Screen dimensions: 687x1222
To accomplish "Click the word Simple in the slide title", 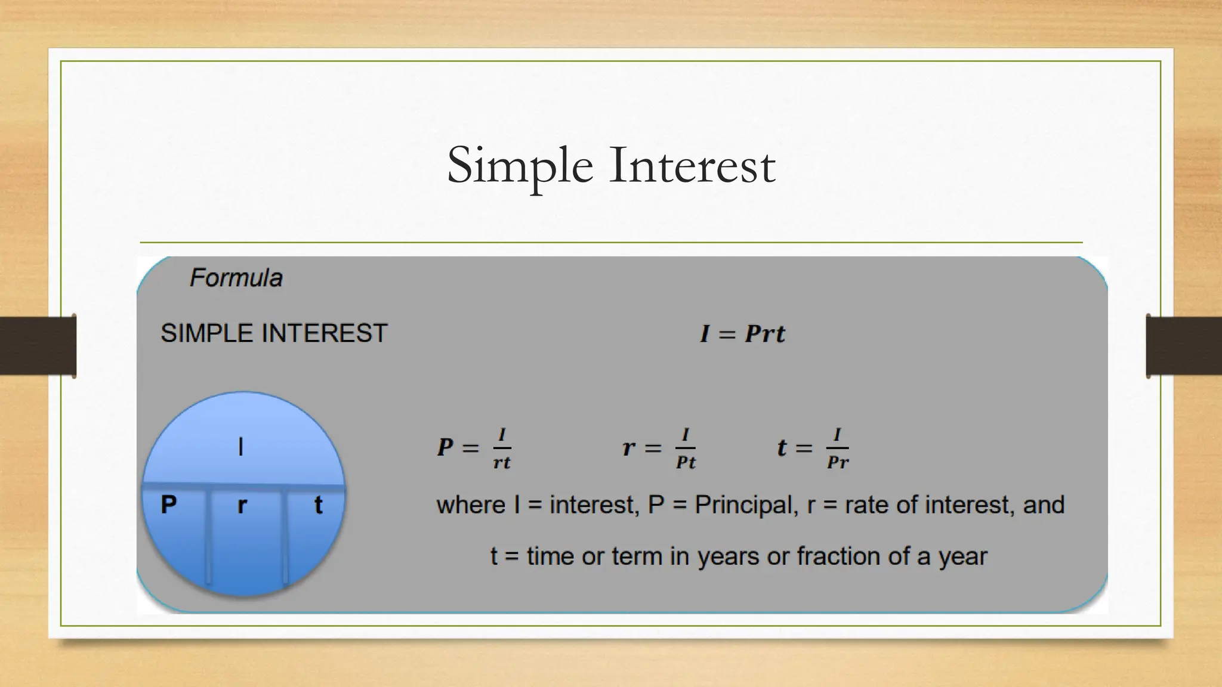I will (x=519, y=166).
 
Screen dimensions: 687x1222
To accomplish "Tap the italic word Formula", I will (x=236, y=278).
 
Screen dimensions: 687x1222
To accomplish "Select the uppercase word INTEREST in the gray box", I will (x=325, y=333).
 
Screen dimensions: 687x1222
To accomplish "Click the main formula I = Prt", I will (x=742, y=333).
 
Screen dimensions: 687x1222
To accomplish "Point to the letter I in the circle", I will (x=240, y=447).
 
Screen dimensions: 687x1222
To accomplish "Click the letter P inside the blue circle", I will (x=169, y=505).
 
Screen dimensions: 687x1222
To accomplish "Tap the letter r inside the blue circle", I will (x=242, y=506).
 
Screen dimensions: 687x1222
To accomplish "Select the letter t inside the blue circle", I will (x=318, y=505).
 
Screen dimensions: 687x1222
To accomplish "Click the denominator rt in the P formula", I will (x=502, y=463).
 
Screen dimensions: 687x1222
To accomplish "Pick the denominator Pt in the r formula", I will (x=686, y=463).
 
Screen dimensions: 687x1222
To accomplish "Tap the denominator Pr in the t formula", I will (x=838, y=463).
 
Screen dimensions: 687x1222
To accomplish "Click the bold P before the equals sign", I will (x=445, y=447).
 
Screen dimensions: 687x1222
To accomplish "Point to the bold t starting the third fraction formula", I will (x=782, y=448).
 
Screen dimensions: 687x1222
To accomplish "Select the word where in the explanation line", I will (x=471, y=505).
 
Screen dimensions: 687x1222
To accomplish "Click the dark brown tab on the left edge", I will (x=38, y=346).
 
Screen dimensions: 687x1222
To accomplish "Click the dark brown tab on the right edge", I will (x=1184, y=346).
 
